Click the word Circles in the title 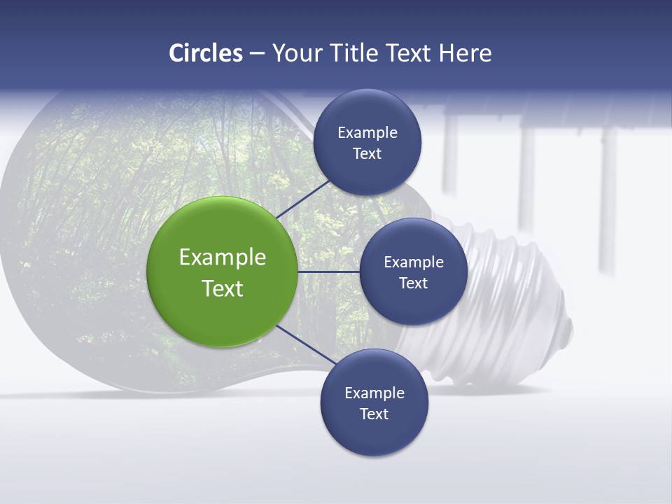pos(206,53)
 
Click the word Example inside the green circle pos(223,258)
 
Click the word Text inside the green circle pos(223,288)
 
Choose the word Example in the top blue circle pos(367,133)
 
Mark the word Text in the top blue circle pos(367,154)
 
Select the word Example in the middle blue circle pos(413,262)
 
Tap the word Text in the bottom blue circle pos(374,414)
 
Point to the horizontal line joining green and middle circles pos(328,272)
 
